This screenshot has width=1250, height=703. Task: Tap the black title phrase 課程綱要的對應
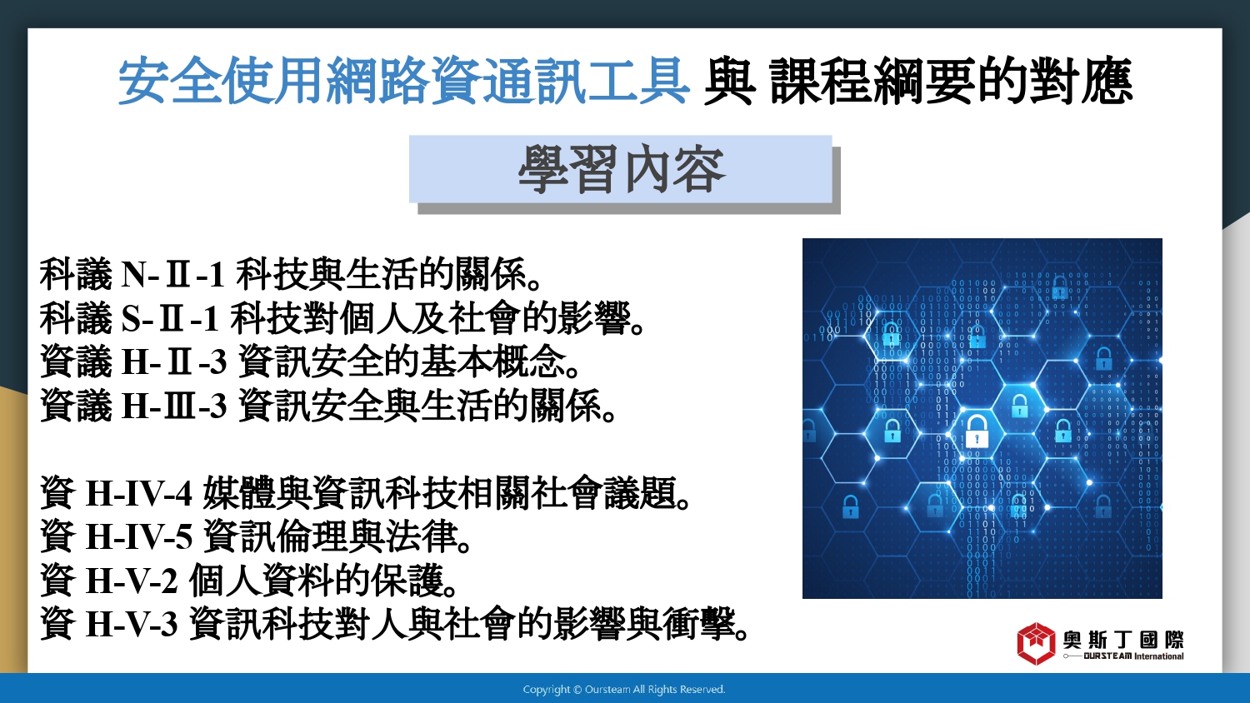coord(951,82)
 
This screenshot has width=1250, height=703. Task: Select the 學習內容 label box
coord(621,169)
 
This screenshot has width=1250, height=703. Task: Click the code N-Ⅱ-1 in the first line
coord(173,275)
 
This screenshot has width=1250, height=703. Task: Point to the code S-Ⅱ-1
coord(170,318)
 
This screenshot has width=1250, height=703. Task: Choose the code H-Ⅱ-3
coord(174,361)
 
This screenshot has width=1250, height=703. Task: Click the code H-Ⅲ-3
coord(174,406)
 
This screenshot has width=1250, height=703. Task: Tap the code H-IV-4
coord(139,493)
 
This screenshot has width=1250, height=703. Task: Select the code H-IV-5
coord(139,536)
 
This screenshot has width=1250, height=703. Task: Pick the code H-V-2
coord(132,581)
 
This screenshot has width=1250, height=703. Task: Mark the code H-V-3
coord(132,625)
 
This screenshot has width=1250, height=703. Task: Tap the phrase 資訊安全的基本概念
coord(402,361)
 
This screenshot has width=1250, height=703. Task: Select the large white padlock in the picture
coord(977,431)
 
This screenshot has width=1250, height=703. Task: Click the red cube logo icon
coord(1036,644)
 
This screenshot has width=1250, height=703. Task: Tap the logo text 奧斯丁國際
coord(1122,640)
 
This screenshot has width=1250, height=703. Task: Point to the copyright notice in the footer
coord(624,690)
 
